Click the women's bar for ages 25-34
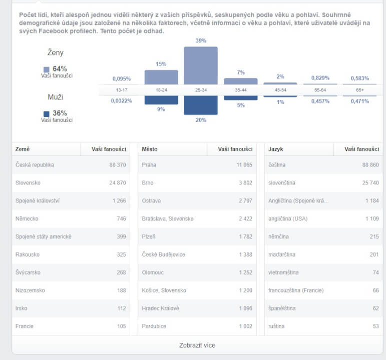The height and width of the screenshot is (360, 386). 201,65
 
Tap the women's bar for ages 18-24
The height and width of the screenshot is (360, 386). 161,77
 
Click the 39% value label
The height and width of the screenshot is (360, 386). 201,40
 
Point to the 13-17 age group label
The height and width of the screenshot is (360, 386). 122,89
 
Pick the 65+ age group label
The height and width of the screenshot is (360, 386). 359,89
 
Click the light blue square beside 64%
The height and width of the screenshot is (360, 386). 47,69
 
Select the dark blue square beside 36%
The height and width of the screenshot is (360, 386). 47,114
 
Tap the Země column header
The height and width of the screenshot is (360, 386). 23,149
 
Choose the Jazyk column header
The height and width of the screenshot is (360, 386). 276,149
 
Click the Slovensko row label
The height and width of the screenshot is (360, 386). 28,182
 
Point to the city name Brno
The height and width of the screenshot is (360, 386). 148,182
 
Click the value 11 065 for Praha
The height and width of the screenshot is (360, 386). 244,164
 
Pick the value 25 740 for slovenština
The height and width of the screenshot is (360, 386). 370,182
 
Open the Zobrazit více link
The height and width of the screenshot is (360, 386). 197,345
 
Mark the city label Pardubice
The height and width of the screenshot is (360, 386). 154,326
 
